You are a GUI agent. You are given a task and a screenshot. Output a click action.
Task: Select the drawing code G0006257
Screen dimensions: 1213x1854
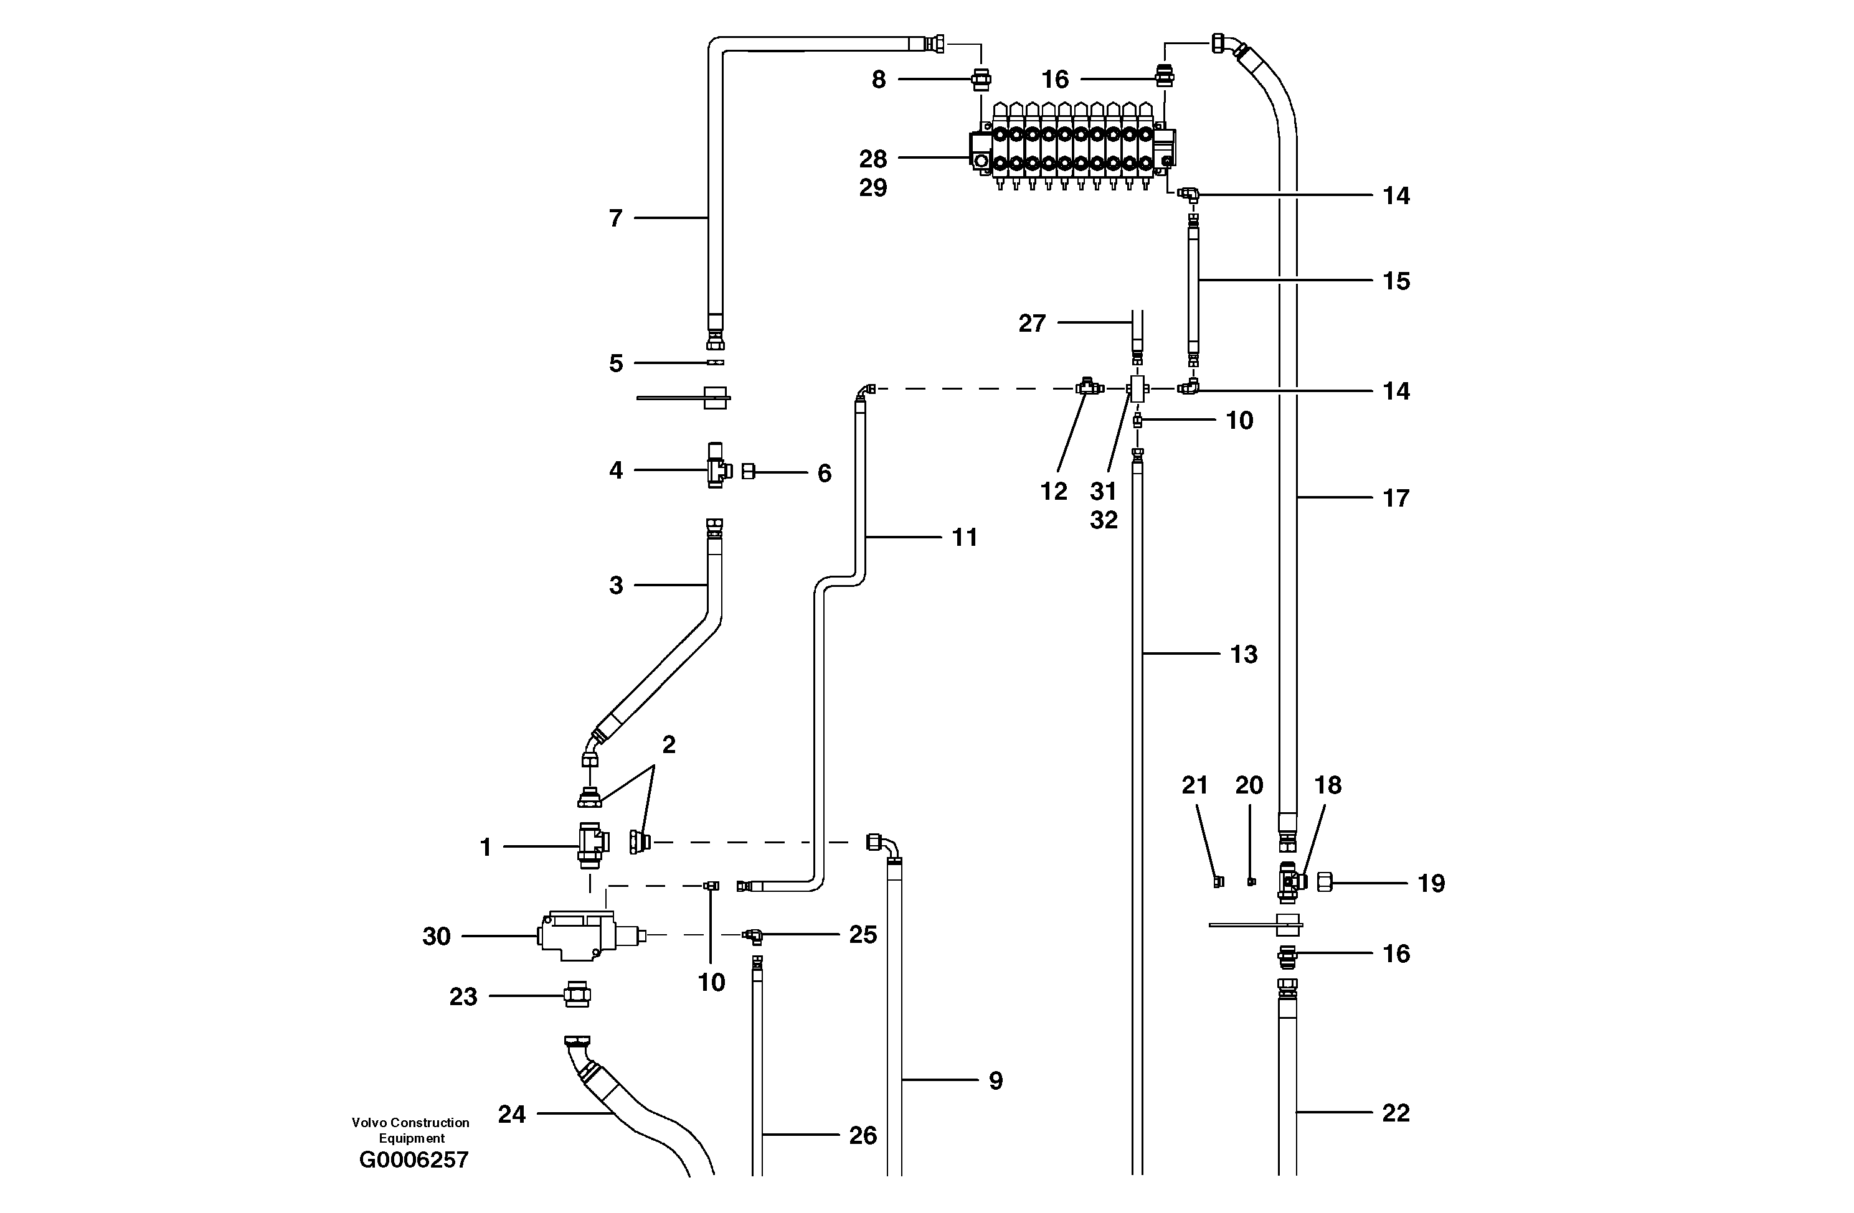(414, 1160)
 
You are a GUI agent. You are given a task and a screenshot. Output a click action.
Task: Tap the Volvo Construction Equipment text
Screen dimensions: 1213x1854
(410, 1130)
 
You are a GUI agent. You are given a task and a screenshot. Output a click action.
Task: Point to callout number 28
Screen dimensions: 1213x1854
(873, 159)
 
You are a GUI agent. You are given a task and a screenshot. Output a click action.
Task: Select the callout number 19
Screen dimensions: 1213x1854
(1431, 883)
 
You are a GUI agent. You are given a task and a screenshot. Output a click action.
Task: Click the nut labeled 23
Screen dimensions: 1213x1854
(577, 995)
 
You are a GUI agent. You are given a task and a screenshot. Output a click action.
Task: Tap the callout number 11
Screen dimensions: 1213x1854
(965, 537)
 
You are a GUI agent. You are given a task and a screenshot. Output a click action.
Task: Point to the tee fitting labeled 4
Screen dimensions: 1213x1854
(717, 469)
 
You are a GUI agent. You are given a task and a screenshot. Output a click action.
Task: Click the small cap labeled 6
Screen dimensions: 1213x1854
(749, 471)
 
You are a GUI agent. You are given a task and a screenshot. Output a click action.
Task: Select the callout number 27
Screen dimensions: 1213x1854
(1031, 323)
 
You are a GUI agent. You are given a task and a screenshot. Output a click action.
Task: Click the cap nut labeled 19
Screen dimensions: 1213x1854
(1324, 882)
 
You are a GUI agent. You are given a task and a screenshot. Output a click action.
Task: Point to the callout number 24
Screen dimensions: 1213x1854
(512, 1114)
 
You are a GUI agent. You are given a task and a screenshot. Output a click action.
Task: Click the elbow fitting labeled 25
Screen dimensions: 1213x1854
(752, 935)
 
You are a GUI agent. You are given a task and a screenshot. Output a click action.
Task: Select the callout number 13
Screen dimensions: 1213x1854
(1243, 654)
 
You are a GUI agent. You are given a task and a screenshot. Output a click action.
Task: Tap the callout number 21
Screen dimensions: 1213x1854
(1194, 785)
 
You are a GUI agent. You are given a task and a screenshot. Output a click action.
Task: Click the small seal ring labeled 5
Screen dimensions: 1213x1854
(715, 363)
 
